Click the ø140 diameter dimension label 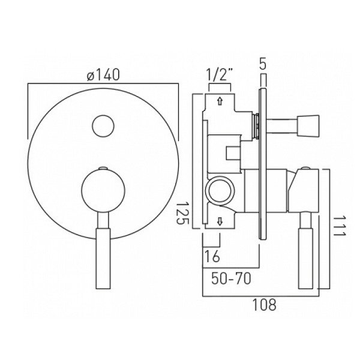click(x=103, y=74)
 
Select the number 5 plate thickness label click(x=263, y=64)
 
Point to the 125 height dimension click(x=183, y=214)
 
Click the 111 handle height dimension click(x=339, y=226)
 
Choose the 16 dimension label click(x=212, y=256)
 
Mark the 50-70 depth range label click(x=231, y=279)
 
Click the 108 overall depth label click(x=264, y=305)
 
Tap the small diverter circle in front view click(x=103, y=126)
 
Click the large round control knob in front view click(x=103, y=190)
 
